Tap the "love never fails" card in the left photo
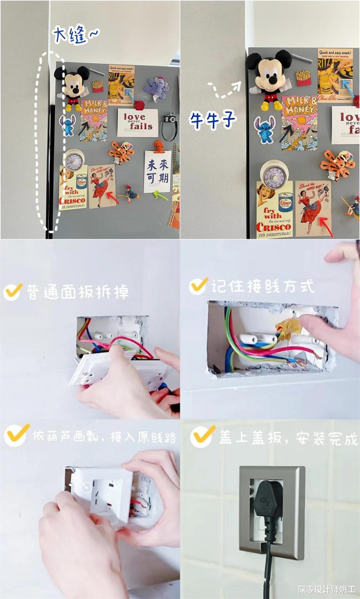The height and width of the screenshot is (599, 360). pyautogui.click(x=137, y=123)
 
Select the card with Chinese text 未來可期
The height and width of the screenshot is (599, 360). pyautogui.click(x=157, y=172)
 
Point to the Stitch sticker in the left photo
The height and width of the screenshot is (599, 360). pyautogui.click(x=67, y=125)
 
